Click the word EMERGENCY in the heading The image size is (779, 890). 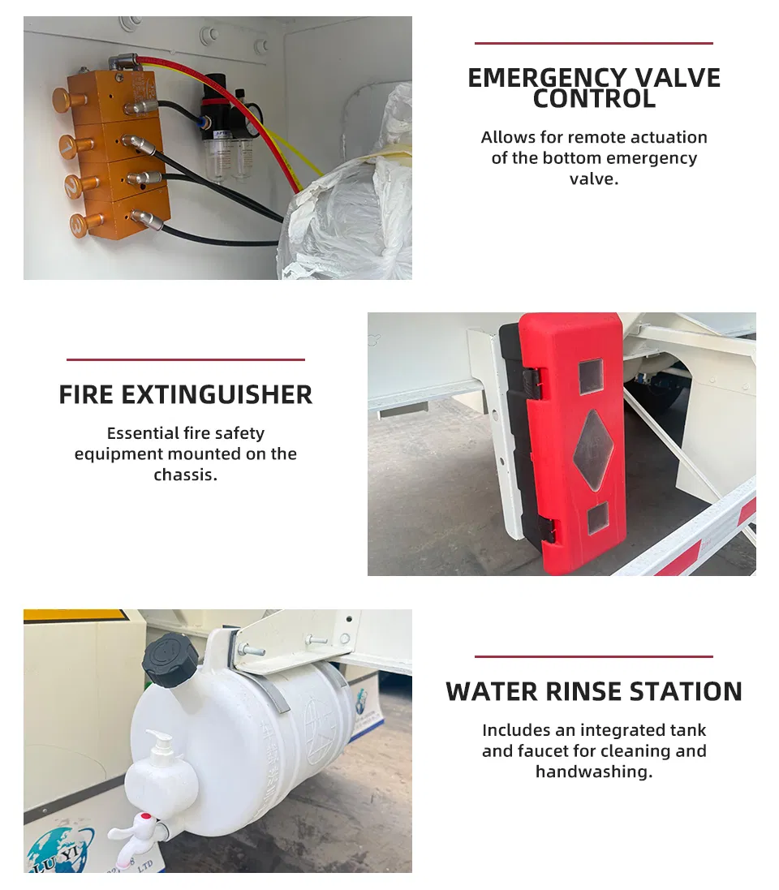click(546, 79)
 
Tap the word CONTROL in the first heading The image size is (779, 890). click(594, 99)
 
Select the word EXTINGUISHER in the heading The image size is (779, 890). click(217, 395)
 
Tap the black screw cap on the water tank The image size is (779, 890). click(169, 660)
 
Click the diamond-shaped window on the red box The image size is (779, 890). click(593, 450)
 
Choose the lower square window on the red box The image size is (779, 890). click(597, 518)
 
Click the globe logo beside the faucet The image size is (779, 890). click(57, 850)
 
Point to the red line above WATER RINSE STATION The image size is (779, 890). click(593, 656)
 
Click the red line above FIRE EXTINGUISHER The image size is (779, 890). click(186, 359)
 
